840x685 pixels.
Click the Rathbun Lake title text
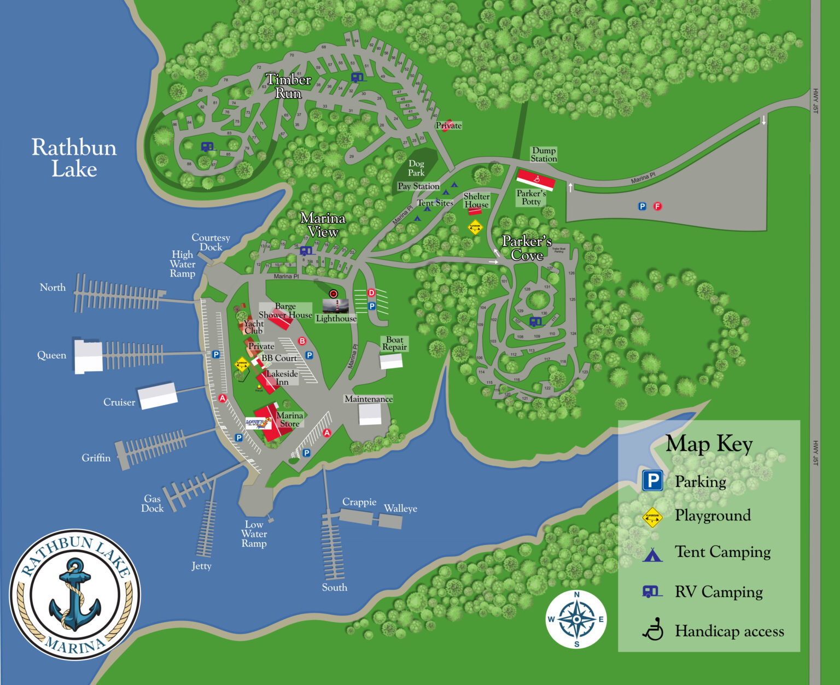74,158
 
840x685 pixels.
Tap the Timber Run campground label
288,86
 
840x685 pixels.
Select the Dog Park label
416,168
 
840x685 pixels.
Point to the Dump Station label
544,155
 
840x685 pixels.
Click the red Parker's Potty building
536,179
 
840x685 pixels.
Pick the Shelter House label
476,200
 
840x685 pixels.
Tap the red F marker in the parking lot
657,206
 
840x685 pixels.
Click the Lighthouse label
336,318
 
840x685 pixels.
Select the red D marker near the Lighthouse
371,293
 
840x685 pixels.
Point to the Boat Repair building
391,361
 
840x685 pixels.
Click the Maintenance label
369,399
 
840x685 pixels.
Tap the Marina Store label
289,419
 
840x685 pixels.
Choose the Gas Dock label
152,503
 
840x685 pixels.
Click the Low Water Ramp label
254,534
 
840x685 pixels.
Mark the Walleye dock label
400,508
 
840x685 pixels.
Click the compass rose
576,619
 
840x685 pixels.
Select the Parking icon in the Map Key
652,481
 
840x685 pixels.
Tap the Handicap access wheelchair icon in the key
652,630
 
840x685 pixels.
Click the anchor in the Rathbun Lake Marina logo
75,594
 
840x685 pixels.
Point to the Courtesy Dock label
211,242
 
